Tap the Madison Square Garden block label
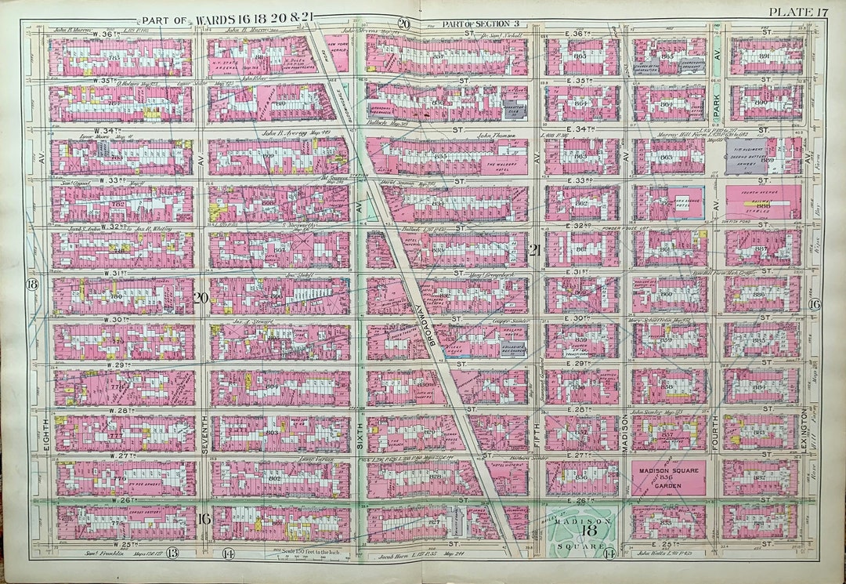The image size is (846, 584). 667,477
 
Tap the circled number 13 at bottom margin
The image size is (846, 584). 172,553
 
